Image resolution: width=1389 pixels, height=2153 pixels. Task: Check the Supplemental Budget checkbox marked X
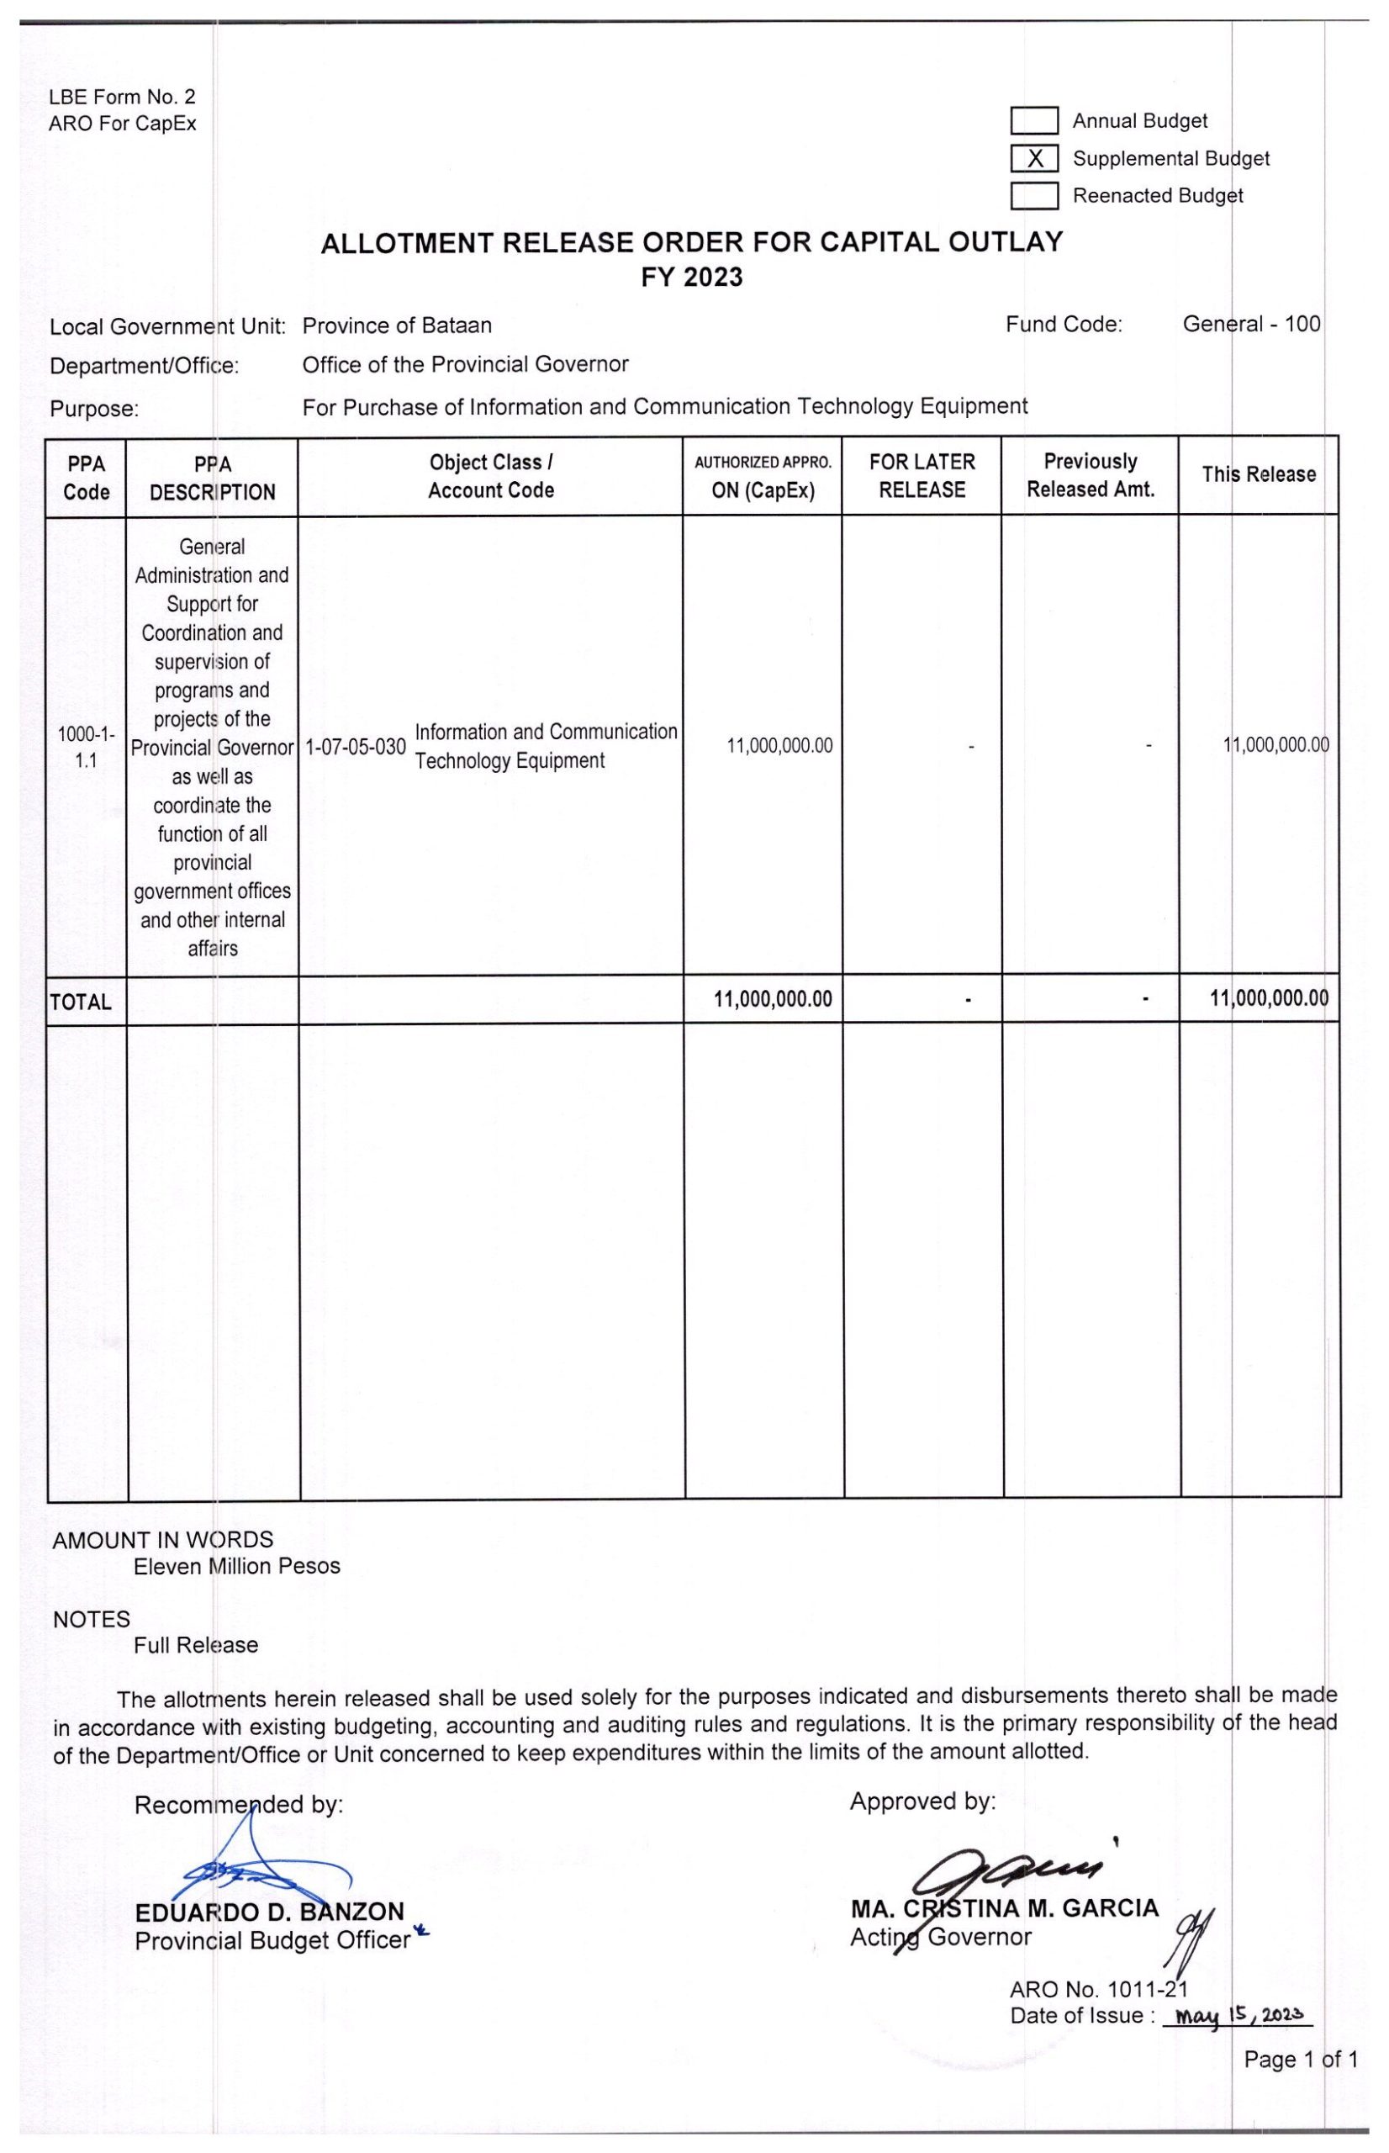tap(1033, 159)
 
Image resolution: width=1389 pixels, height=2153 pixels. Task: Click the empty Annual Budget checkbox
tap(1033, 121)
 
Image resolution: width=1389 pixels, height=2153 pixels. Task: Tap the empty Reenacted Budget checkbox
tap(1033, 196)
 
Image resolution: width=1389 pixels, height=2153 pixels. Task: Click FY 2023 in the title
tap(692, 277)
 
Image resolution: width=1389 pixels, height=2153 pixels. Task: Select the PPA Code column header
tap(87, 478)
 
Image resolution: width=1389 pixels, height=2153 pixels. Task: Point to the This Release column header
tap(1258, 474)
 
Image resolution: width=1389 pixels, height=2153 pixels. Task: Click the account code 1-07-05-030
tap(356, 747)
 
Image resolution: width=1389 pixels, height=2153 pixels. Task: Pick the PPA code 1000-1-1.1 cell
tap(87, 747)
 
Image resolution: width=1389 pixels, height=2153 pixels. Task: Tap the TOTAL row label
tap(82, 1002)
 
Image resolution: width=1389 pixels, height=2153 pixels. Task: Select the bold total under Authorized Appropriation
tap(773, 999)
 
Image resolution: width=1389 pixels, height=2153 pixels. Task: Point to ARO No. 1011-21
tap(1099, 1989)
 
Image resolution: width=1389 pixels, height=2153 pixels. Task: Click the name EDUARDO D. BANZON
tap(270, 1912)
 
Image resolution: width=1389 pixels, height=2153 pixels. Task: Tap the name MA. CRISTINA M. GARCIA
tap(1004, 1907)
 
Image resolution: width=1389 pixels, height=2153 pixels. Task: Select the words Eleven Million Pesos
tap(237, 1566)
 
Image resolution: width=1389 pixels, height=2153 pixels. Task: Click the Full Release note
tap(196, 1645)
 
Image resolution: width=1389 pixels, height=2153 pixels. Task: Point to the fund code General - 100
tap(1251, 324)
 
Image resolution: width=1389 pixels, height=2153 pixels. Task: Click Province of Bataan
tap(397, 325)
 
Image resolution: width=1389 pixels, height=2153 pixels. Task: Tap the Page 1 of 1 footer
tap(1301, 2059)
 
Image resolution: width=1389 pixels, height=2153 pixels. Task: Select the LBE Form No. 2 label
tap(122, 97)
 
